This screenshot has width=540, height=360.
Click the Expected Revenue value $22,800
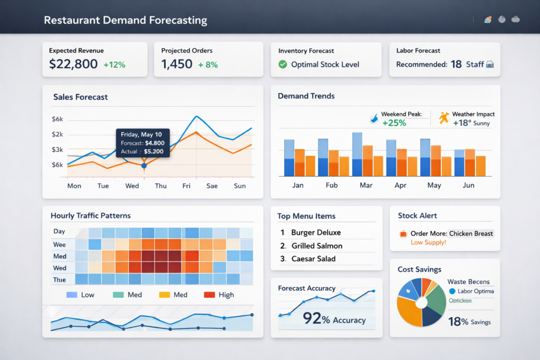pos(73,64)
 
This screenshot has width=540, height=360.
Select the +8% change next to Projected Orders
pos(208,65)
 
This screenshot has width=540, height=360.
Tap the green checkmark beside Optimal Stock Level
pos(283,64)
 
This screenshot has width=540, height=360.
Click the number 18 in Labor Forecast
pos(456,64)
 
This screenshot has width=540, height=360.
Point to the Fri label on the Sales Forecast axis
pos(186,186)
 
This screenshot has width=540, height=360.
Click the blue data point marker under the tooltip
pos(144,166)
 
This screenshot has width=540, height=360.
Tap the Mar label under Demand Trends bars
pos(365,186)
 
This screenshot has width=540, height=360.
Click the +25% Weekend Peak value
pos(394,123)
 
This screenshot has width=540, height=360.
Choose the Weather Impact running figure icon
pos(443,118)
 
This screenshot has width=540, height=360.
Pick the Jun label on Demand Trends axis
pos(468,186)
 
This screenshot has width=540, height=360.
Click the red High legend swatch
pos(209,295)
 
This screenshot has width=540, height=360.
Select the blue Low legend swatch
pos(72,295)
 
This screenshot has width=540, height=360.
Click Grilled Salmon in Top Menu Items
pos(316,246)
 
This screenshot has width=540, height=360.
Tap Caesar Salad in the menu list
pos(313,259)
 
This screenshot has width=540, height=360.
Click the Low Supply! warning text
pos(428,242)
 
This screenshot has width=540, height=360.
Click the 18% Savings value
pos(469,322)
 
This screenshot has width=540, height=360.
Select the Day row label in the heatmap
pos(59,231)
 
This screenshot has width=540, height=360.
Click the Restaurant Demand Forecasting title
pos(126,21)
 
